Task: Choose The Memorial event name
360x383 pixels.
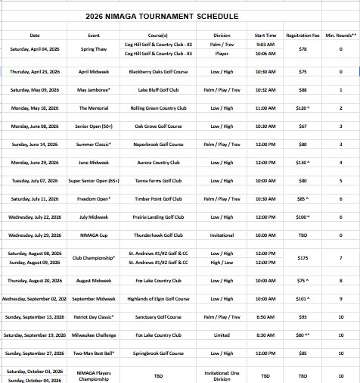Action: [94, 108]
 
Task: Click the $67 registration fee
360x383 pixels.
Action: [302, 126]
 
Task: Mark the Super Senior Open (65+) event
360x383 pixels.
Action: [94, 181]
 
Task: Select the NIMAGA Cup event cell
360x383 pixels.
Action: [94, 235]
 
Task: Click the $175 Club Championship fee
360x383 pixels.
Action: [302, 257]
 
